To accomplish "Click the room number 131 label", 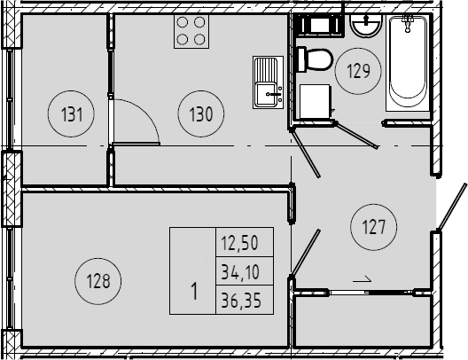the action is click(71, 113).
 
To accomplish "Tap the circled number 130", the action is click(201, 113).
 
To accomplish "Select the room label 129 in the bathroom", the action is click(358, 71).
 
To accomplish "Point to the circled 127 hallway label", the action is click(374, 227).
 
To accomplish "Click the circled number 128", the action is click(97, 281).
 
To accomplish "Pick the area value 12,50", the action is click(239, 242).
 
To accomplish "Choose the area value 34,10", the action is click(240, 272).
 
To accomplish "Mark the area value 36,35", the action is click(241, 301).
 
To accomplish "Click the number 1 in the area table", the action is click(194, 292).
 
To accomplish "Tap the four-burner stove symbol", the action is click(191, 31).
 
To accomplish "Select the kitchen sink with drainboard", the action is click(268, 82).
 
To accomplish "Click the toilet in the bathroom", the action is click(315, 59).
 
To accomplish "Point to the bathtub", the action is click(408, 63).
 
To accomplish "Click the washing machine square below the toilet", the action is click(316, 101).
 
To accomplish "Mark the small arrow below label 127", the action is click(362, 280).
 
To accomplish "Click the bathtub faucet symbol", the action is click(408, 23).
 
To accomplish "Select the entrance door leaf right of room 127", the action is click(451, 207).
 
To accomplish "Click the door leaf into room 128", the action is click(305, 253).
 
